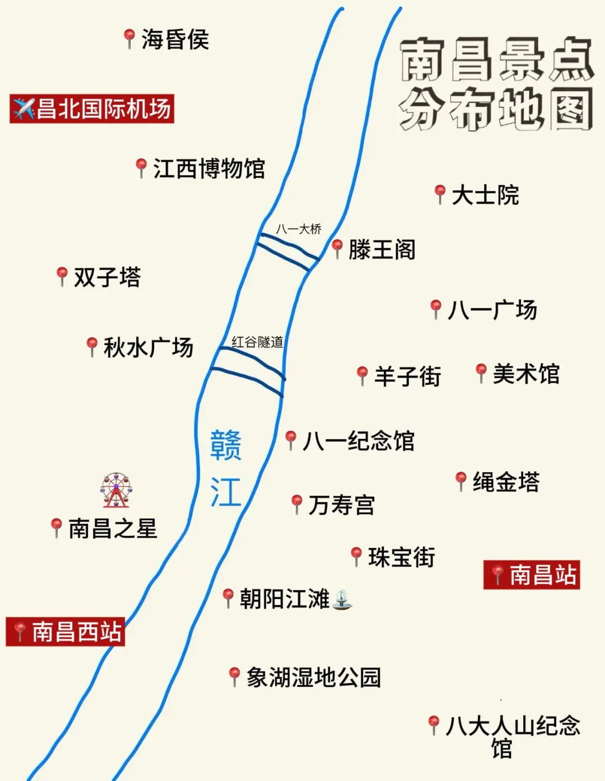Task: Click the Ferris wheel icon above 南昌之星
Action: (116, 489)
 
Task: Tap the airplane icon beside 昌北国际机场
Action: (24, 109)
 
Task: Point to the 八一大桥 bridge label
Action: (299, 229)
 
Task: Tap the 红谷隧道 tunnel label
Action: (257, 342)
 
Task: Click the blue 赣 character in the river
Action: (226, 445)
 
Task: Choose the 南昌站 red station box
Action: (532, 575)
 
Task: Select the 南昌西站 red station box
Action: (66, 632)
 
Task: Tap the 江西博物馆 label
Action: (209, 169)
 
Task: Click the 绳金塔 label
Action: (506, 482)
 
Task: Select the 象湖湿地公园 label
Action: (314, 677)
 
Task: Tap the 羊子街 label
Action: (407, 376)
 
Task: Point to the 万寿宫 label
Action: (342, 505)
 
